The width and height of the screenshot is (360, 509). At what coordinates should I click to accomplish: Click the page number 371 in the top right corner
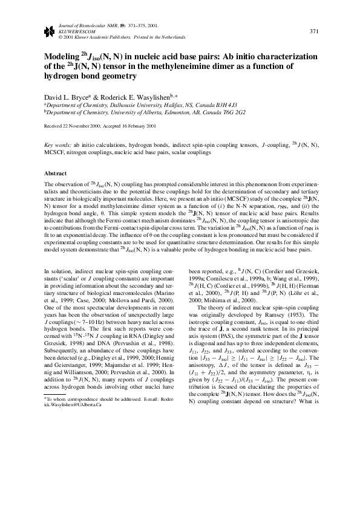(313, 31)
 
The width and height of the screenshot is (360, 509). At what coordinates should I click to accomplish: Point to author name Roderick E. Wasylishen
(136, 96)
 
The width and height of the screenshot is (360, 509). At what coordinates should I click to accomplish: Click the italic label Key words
(57, 146)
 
